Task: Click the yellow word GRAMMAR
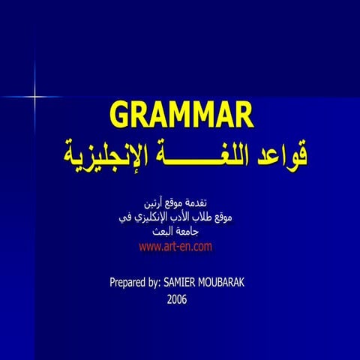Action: point(181,115)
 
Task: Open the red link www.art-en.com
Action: point(176,246)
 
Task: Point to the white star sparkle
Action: point(34,96)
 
